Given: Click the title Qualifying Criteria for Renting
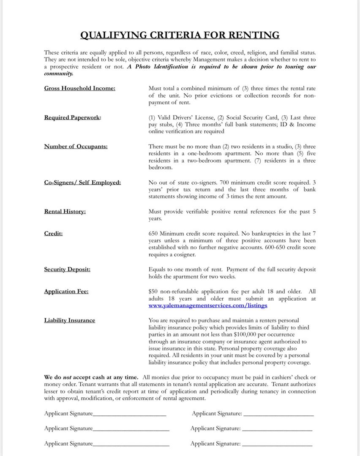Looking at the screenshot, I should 180,35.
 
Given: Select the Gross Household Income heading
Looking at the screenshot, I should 79,88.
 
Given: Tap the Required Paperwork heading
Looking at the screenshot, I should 72,117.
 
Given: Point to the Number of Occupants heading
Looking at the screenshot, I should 76,147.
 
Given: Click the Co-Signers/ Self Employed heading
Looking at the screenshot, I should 82,182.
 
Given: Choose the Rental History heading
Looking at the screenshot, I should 65,212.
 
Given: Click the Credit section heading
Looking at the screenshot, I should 53,233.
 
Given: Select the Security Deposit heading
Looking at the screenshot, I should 67,269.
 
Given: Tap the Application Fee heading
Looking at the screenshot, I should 66,291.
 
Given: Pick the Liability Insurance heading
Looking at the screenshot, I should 69,320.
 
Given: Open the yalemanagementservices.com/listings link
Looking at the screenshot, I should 207,305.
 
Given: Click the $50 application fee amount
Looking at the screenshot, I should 153,291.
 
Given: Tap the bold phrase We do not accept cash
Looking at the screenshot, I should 91,377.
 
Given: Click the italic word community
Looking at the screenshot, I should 58,73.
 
